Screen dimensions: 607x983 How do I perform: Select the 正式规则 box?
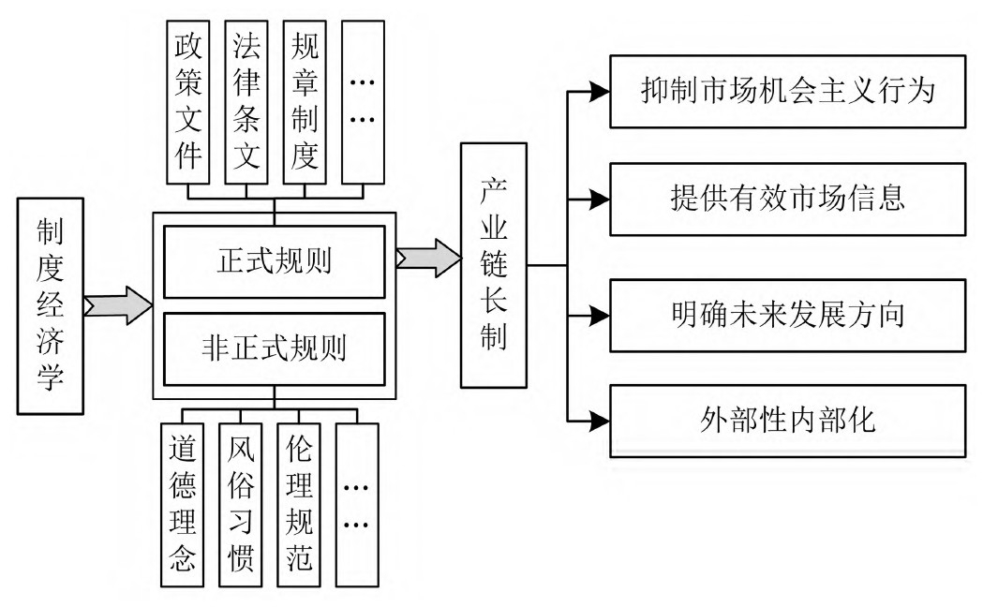point(274,261)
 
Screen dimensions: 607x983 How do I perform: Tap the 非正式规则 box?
point(274,348)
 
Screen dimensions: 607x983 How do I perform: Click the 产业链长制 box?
point(494,264)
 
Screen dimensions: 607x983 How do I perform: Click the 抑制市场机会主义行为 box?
point(786,92)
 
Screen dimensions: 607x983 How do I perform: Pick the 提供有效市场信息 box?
point(786,199)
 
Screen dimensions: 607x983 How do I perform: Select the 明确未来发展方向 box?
point(786,314)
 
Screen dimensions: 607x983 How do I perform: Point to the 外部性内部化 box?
point(786,419)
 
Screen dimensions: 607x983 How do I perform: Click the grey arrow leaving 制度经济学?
point(118,305)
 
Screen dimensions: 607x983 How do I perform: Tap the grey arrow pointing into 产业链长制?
point(428,259)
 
